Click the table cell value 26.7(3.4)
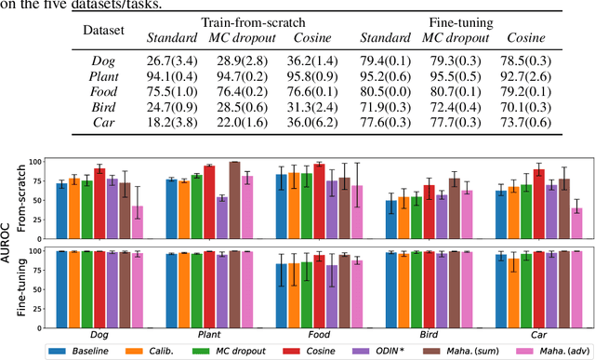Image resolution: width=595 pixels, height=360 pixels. pos(172,60)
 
